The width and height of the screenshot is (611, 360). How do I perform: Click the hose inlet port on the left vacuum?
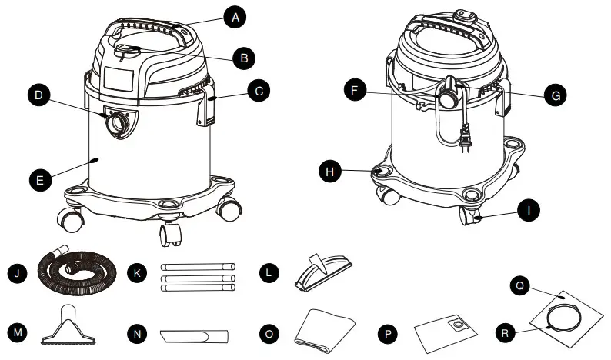point(118,123)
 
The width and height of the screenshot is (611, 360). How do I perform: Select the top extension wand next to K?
point(196,265)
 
